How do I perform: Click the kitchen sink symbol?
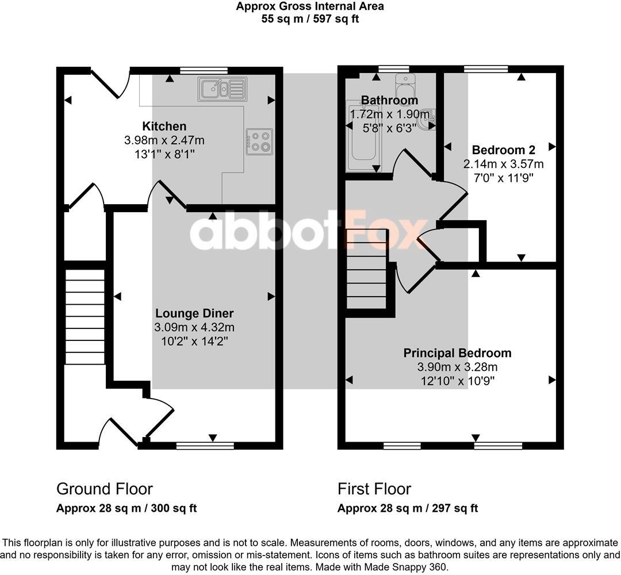click(x=222, y=89)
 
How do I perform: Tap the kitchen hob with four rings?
click(x=259, y=141)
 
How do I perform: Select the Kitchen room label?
click(x=164, y=126)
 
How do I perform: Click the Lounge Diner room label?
click(x=194, y=313)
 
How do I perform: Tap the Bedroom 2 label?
click(x=503, y=150)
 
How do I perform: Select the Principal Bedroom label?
click(x=457, y=353)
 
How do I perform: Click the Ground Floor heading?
click(x=104, y=489)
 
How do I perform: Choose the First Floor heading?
click(x=374, y=489)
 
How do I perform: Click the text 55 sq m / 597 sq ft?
click(x=310, y=18)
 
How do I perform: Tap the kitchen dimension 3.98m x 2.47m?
click(x=164, y=140)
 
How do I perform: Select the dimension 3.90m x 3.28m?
click(x=458, y=367)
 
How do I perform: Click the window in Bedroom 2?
click(x=486, y=70)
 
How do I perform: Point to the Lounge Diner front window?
click(x=205, y=445)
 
